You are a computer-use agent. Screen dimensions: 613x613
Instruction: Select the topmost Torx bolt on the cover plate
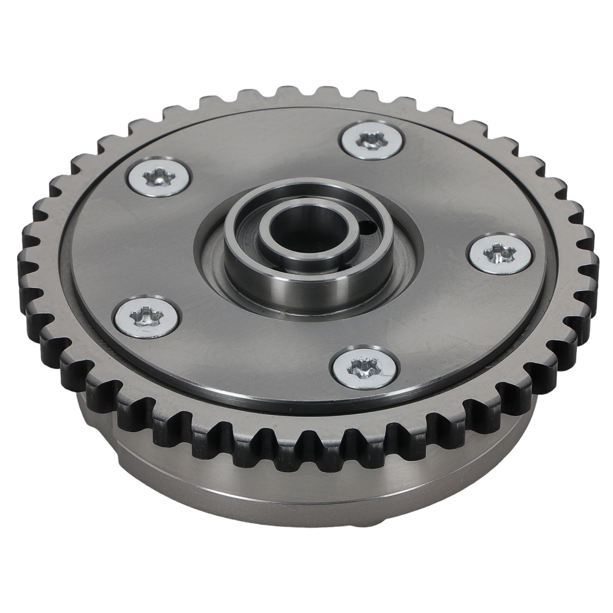pos(372,140)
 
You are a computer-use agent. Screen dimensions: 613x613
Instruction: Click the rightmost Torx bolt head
pos(500,253)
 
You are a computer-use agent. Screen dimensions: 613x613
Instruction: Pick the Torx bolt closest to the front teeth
pos(364,368)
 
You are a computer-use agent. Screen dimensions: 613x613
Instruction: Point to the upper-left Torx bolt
pos(157,178)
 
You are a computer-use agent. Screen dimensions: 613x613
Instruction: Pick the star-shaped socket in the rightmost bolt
pos(500,252)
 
